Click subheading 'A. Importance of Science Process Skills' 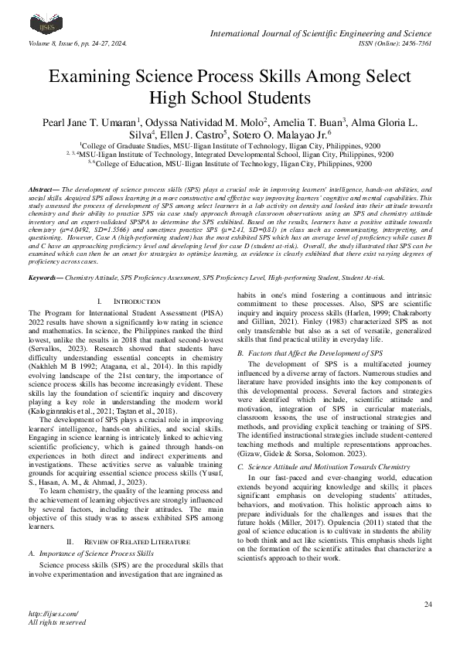87,532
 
